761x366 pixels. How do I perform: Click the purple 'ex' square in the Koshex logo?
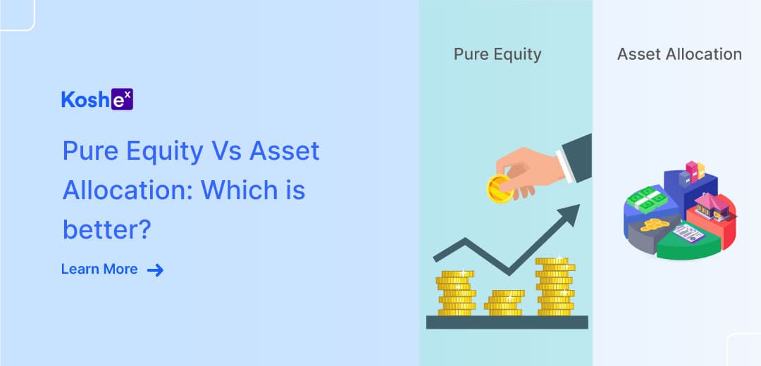(x=122, y=99)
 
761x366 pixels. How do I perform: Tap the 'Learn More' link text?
(x=99, y=269)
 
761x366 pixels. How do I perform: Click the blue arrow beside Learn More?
(x=155, y=270)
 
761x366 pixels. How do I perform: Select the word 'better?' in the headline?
(x=107, y=229)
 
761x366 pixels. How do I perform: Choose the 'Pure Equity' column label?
(x=497, y=54)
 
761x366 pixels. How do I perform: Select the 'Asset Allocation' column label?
(x=679, y=53)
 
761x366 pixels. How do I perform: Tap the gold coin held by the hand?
(x=500, y=189)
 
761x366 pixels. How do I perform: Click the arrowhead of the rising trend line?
(x=569, y=215)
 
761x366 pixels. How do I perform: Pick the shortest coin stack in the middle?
(x=505, y=303)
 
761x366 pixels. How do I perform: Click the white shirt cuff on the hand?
(x=565, y=166)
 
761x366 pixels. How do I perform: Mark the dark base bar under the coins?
(x=507, y=322)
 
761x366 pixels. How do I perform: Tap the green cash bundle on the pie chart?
(x=644, y=199)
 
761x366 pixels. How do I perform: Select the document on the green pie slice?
(x=688, y=233)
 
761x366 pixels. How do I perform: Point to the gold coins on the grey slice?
(x=654, y=225)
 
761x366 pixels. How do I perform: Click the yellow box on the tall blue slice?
(x=700, y=170)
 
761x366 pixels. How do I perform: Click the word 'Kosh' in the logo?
(x=85, y=99)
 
